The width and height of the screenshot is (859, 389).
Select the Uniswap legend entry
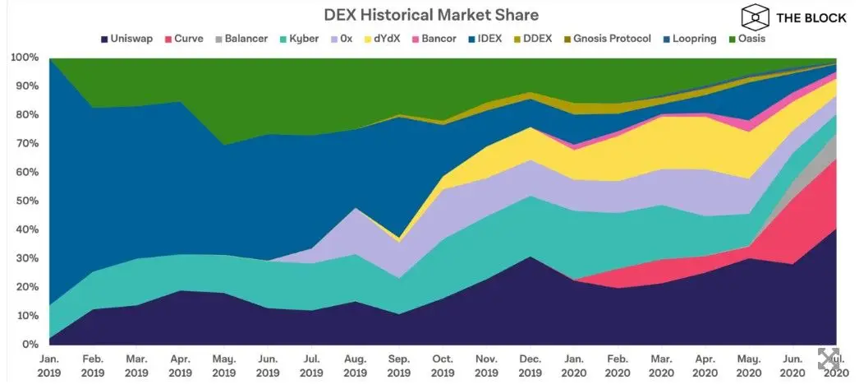point(126,39)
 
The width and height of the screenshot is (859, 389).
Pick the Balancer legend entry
point(241,39)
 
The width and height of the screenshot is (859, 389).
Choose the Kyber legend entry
point(303,39)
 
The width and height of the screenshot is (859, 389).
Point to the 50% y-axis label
point(25,201)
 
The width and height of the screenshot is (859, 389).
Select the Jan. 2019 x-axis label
point(49,366)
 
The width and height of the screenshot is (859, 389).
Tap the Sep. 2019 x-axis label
point(399,366)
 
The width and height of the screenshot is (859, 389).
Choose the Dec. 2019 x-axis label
point(530,366)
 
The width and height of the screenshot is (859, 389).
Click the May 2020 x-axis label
point(747,366)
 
